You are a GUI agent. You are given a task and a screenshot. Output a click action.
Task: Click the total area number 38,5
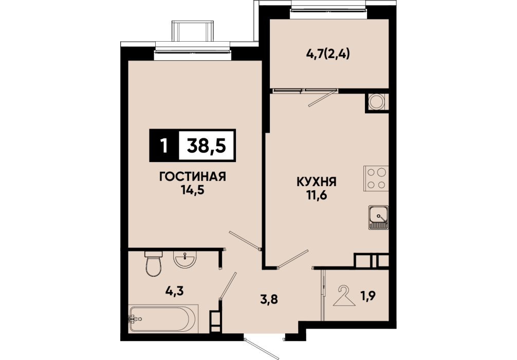pyautogui.click(x=207, y=146)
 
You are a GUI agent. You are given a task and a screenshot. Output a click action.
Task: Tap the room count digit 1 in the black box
pyautogui.click(x=163, y=146)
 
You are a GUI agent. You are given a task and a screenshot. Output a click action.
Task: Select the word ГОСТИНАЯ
pyautogui.click(x=193, y=177)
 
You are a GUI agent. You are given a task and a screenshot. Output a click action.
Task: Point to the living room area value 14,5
pyautogui.click(x=193, y=190)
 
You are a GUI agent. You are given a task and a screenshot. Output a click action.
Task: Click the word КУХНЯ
pyautogui.click(x=317, y=182)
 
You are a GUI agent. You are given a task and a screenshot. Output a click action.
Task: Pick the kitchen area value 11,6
pyautogui.click(x=317, y=195)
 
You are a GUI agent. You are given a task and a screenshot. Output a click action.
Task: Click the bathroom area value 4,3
pyautogui.click(x=174, y=291)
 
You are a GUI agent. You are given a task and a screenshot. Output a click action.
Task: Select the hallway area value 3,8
pyautogui.click(x=269, y=300)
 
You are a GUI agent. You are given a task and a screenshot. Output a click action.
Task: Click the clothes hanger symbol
pyautogui.click(x=344, y=296)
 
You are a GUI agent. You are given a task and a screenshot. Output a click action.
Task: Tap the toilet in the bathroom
pyautogui.click(x=154, y=263)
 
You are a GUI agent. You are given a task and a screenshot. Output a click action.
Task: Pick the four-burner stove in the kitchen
pyautogui.click(x=376, y=178)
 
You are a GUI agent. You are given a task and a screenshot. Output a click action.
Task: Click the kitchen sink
pyautogui.click(x=379, y=217)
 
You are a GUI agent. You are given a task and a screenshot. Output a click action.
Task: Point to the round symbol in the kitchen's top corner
pyautogui.click(x=376, y=102)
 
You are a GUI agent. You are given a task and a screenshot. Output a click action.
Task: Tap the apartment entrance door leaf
pyautogui.click(x=262, y=349)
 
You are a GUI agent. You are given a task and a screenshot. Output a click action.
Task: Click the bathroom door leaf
pyautogui.click(x=228, y=285)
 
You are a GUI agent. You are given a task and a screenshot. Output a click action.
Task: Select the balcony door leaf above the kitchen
pyautogui.click(x=322, y=98)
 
